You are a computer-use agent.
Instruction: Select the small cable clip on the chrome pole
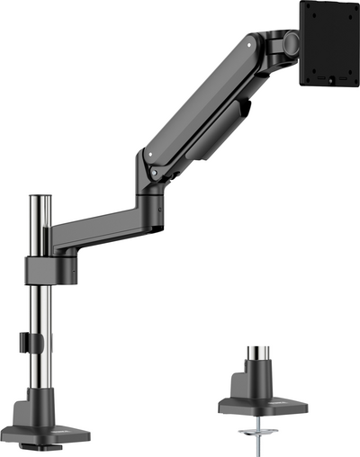pyautogui.click(x=24, y=343)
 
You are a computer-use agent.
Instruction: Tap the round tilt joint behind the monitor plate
pyautogui.click(x=290, y=42)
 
